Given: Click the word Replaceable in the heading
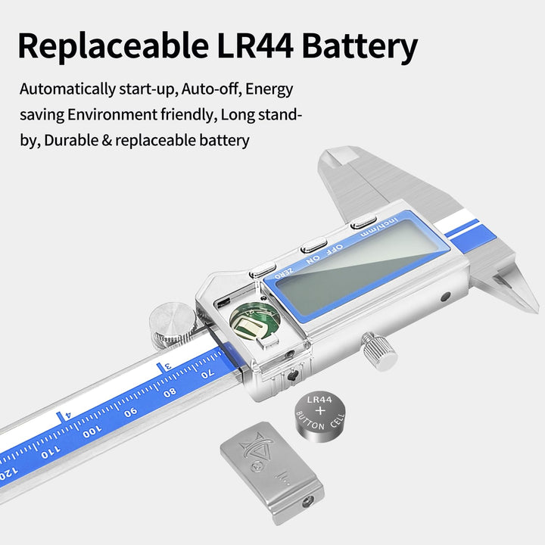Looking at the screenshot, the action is (114, 45).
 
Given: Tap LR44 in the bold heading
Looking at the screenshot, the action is (255, 45).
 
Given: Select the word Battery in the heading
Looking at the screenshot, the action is (360, 47).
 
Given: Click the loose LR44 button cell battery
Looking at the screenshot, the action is (320, 417).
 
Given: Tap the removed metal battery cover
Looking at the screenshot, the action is (272, 472).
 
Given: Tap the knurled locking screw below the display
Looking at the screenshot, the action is (379, 350).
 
